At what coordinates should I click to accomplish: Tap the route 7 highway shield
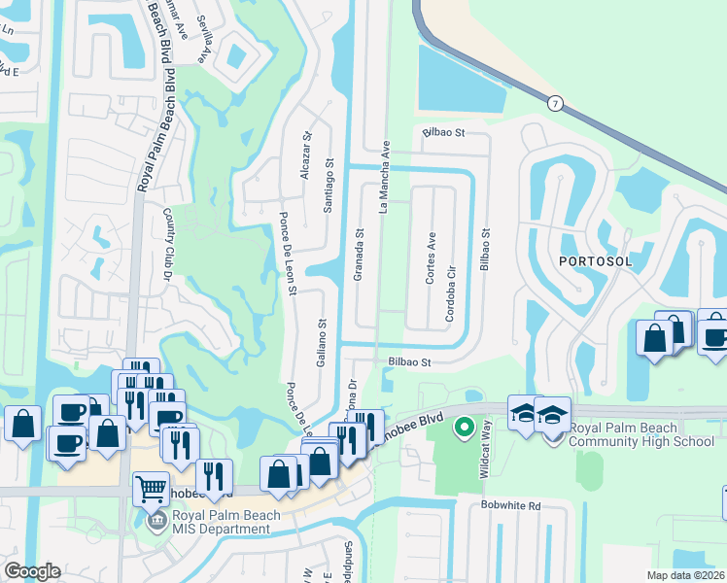pos(555,102)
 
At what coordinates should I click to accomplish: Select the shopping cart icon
pos(151,489)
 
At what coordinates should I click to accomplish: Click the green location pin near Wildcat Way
pos(465,426)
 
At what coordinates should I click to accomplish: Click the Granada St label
pos(359,255)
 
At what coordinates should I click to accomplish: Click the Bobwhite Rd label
pos(510,506)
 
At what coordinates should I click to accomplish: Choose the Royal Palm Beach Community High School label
pos(641,434)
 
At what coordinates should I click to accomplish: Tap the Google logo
pos(31,571)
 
